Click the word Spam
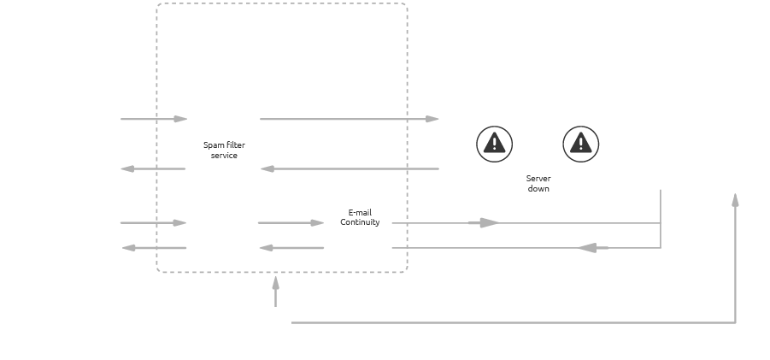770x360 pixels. point(213,145)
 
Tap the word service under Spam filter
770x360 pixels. point(224,156)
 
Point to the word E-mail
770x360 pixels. point(360,212)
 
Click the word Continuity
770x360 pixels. point(360,222)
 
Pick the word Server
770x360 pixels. point(538,179)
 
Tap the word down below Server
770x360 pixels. point(538,188)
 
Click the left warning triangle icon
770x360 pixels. point(494,144)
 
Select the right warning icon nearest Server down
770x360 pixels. point(581,144)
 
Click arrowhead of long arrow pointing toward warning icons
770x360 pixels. point(433,119)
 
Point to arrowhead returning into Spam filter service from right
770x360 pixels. point(266,168)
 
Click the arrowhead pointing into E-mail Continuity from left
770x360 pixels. point(318,222)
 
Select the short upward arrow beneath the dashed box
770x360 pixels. point(275,291)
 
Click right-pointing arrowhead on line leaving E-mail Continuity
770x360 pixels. point(488,222)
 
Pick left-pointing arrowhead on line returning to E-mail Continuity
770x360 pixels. point(587,248)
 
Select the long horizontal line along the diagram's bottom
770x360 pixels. point(513,322)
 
